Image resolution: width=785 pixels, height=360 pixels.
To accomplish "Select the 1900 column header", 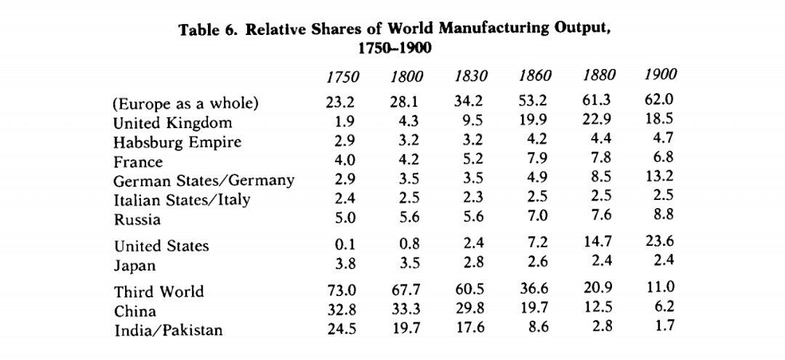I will [660, 74].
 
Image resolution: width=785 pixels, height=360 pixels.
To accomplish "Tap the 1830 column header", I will [470, 76].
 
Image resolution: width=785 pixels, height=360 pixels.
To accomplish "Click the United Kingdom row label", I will [172, 123].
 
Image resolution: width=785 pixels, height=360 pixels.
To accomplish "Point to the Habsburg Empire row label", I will [177, 143].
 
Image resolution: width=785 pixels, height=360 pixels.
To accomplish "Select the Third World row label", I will [158, 292].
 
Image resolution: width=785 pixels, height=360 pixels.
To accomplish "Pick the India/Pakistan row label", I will [168, 330].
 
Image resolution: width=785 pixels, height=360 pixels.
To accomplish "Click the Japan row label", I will [134, 265].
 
